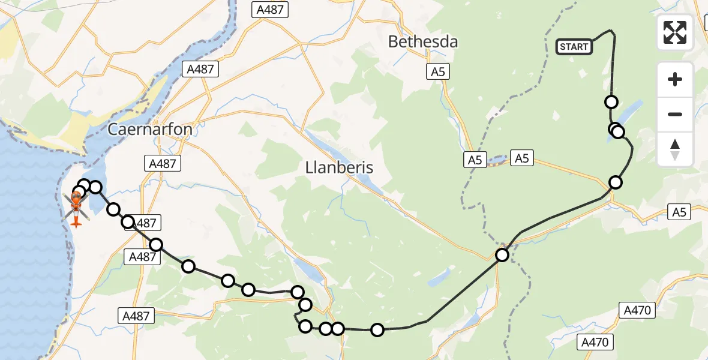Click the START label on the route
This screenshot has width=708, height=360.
(x=574, y=47)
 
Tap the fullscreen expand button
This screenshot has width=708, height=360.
(x=675, y=32)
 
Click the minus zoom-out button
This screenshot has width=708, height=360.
(x=675, y=114)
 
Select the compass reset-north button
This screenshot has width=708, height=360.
(x=675, y=149)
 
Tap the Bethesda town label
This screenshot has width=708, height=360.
(x=423, y=42)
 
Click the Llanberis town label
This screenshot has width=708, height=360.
(x=338, y=167)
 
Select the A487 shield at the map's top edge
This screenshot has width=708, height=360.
(x=270, y=9)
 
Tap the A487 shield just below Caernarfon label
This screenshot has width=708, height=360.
(x=163, y=163)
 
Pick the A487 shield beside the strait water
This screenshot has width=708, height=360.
(x=200, y=69)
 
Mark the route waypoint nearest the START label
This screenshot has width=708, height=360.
(x=611, y=102)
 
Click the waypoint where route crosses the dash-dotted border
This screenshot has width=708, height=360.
(x=502, y=255)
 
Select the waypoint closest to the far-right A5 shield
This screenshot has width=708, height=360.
(x=616, y=182)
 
